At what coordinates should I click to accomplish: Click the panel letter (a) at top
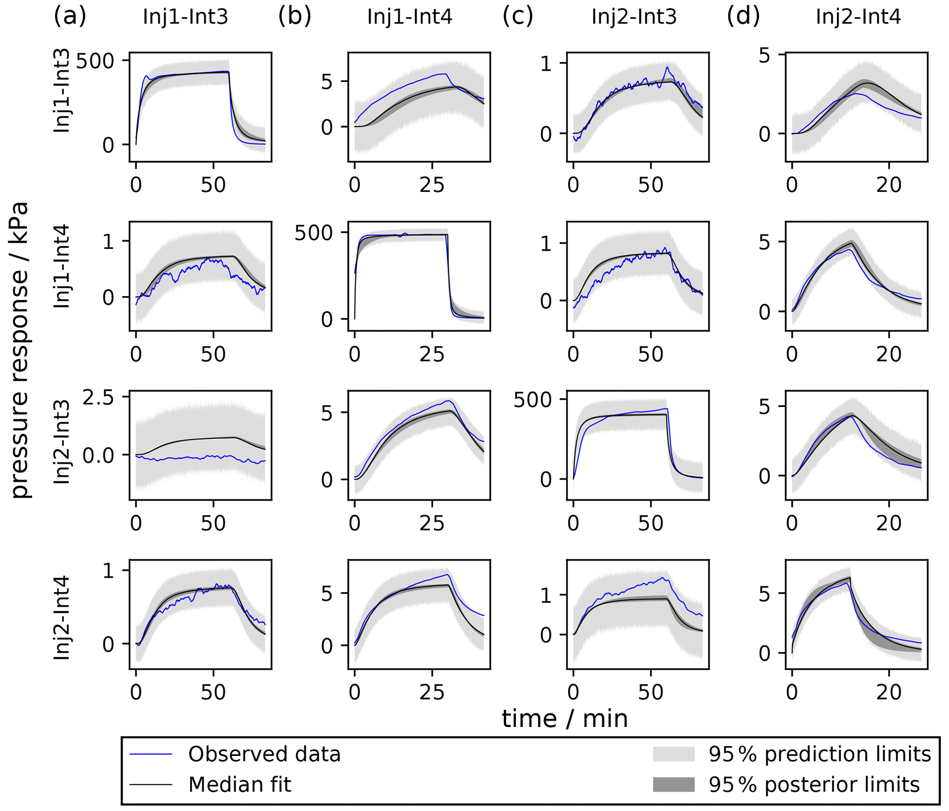pyautogui.click(x=70, y=17)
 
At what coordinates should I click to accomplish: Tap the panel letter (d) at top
pyautogui.click(x=743, y=17)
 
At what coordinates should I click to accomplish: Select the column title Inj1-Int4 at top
pyautogui.click(x=410, y=17)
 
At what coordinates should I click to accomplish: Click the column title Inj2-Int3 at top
pyautogui.click(x=634, y=17)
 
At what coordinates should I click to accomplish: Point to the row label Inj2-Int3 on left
pyautogui.click(x=62, y=442)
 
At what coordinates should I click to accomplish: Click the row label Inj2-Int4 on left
pyautogui.click(x=62, y=618)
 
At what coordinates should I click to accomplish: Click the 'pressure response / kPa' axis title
pyautogui.click(x=20, y=350)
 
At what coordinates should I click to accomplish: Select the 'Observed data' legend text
pyautogui.click(x=264, y=755)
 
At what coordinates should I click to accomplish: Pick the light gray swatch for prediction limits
pyautogui.click(x=673, y=755)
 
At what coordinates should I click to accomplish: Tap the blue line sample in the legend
pyautogui.click(x=151, y=755)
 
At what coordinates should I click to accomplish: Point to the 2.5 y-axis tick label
pyautogui.click(x=98, y=397)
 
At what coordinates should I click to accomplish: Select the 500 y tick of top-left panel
pyautogui.click(x=95, y=61)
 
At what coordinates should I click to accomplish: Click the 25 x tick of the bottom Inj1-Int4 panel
pyautogui.click(x=432, y=692)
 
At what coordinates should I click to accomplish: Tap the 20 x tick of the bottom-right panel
pyautogui.click(x=888, y=692)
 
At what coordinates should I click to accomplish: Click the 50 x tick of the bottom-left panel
pyautogui.click(x=213, y=692)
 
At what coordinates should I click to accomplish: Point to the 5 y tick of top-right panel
pyautogui.click(x=764, y=56)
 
